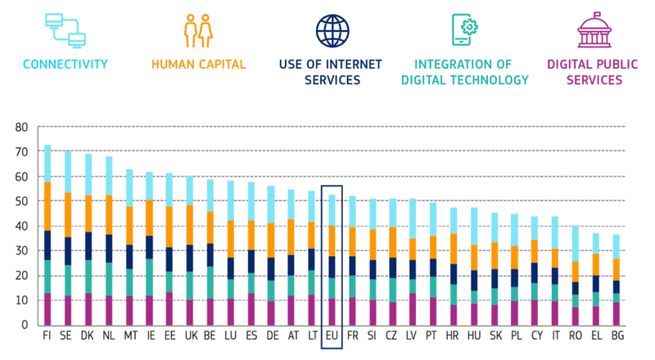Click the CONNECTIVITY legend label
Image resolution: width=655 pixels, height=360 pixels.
(x=65, y=63)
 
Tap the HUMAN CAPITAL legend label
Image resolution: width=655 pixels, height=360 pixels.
(x=197, y=63)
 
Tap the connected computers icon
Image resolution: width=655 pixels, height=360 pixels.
(x=65, y=30)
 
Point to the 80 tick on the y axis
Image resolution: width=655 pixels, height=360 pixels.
(x=21, y=127)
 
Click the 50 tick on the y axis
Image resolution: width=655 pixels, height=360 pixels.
(x=21, y=201)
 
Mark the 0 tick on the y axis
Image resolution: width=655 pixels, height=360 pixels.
(x=25, y=325)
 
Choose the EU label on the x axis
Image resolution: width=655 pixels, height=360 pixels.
(x=332, y=335)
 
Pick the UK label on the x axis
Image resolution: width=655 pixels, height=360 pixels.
(x=191, y=335)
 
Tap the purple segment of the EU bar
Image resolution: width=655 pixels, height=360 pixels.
(x=332, y=312)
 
